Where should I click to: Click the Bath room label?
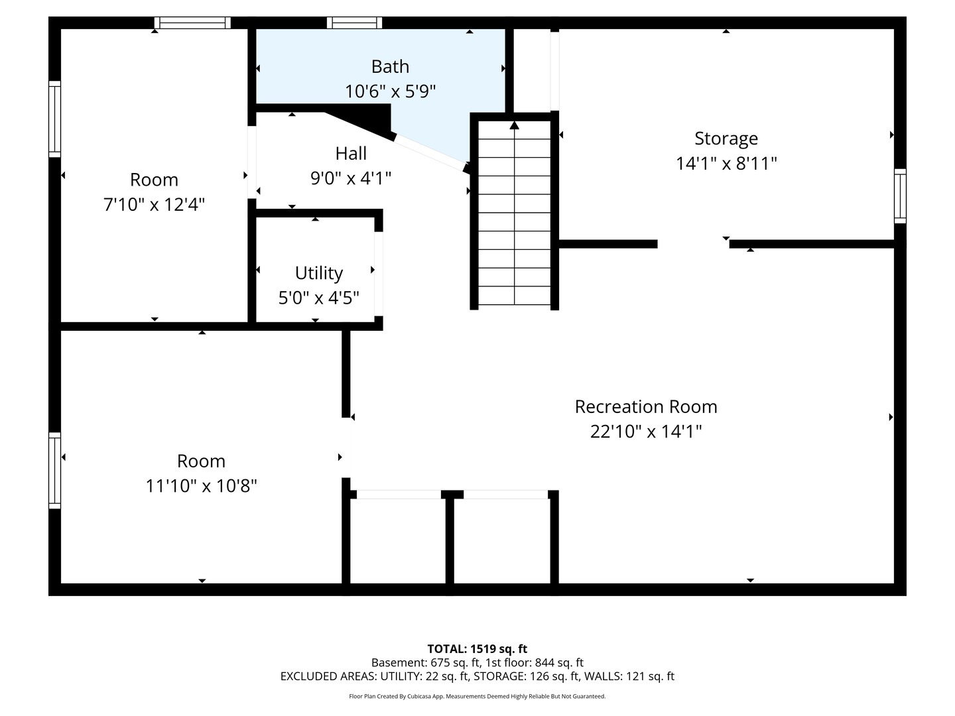point(390,66)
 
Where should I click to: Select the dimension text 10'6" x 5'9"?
point(390,91)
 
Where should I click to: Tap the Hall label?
point(351,153)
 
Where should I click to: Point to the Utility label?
point(319,273)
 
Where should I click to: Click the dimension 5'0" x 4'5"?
point(319,298)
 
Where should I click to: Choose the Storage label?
point(726,139)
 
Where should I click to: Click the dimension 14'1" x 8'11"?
point(726,164)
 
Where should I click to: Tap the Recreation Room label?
point(646,406)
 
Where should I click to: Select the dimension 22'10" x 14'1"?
point(646,431)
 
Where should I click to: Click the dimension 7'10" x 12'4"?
point(154,204)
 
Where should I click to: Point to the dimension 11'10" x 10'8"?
point(201,485)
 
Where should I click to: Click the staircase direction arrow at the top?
point(514,125)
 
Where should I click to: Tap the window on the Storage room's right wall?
point(900,196)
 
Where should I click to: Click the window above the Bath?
point(354,23)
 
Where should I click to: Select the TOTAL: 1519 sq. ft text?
point(477,649)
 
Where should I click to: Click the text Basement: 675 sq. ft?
point(426,662)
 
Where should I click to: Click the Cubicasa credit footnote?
point(477,696)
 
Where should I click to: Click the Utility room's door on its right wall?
point(379,274)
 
